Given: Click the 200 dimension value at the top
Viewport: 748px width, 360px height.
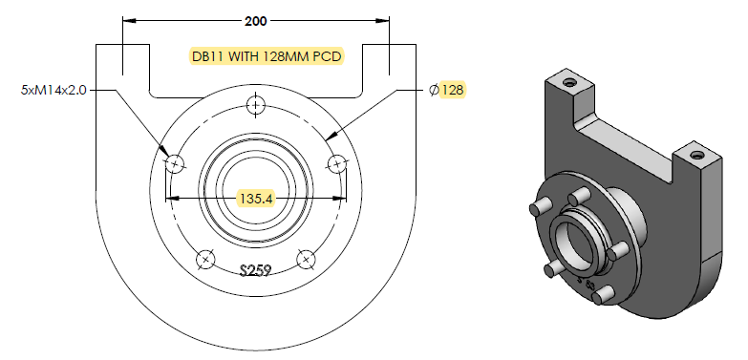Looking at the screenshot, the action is click(x=256, y=21).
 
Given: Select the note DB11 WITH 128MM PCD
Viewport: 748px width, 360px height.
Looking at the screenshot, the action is click(x=267, y=56).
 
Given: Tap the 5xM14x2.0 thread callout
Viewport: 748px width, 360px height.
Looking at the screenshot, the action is click(x=53, y=90).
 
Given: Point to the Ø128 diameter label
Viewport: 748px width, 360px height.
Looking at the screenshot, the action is click(x=446, y=90).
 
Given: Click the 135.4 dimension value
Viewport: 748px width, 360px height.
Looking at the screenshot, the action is click(x=256, y=199).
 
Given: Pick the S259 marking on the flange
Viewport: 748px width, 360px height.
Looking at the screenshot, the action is click(x=256, y=271).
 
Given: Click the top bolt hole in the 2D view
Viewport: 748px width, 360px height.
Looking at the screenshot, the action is click(x=256, y=105).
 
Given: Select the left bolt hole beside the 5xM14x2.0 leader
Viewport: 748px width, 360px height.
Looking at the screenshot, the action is click(x=175, y=164).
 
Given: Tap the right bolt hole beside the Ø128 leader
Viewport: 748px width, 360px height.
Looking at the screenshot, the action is click(x=337, y=164).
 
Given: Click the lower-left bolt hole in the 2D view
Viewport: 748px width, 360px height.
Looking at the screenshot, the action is click(x=205, y=260).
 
